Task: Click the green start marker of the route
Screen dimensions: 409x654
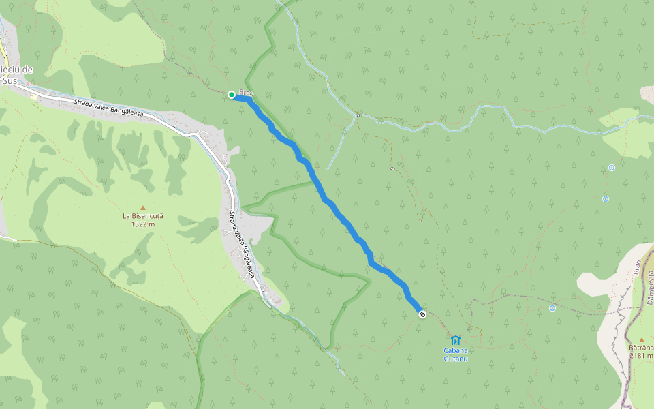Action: pyautogui.click(x=232, y=95)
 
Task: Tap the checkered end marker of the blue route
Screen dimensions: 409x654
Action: pyautogui.click(x=422, y=314)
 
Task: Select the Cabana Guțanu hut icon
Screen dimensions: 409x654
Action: pyautogui.click(x=456, y=340)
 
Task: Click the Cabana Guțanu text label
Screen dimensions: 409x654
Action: pyautogui.click(x=456, y=354)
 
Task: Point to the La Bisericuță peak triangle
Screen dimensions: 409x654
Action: pyautogui.click(x=143, y=207)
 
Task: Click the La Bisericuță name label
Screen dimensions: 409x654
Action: pyautogui.click(x=143, y=216)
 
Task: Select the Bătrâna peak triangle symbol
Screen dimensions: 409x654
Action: pyautogui.click(x=641, y=339)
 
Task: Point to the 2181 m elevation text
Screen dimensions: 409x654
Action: pyautogui.click(x=642, y=355)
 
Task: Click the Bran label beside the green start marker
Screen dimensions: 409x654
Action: pyautogui.click(x=246, y=92)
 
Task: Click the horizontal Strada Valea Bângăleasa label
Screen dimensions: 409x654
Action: pyautogui.click(x=108, y=108)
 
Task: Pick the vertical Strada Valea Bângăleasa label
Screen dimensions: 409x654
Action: pyautogui.click(x=241, y=245)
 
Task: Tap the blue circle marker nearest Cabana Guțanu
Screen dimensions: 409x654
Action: pyautogui.click(x=552, y=308)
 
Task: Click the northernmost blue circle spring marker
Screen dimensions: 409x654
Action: pyautogui.click(x=612, y=168)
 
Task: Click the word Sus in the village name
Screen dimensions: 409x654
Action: pyautogui.click(x=9, y=80)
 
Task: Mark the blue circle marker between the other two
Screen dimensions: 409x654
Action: pyautogui.click(x=605, y=199)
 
